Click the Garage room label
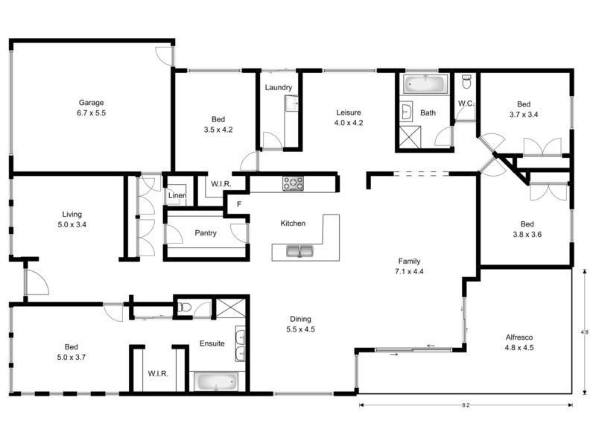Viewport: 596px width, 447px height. (x=92, y=103)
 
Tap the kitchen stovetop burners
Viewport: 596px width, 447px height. (x=293, y=183)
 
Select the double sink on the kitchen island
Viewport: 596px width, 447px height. (x=299, y=252)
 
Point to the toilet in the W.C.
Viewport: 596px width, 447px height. (x=466, y=80)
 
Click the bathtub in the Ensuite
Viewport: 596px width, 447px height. (x=215, y=383)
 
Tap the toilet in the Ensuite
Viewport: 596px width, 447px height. (x=184, y=306)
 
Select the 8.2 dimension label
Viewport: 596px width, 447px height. (x=466, y=405)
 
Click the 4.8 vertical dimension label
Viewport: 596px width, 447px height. (x=585, y=332)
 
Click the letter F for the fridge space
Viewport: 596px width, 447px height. (x=238, y=203)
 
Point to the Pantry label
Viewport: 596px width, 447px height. (x=205, y=233)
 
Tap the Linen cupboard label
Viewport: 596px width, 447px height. (x=177, y=196)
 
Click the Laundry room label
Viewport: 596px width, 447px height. (x=278, y=87)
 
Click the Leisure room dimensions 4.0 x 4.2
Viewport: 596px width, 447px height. (x=348, y=123)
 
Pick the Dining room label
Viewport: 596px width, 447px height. (x=300, y=319)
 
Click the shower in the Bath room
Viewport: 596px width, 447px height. (x=410, y=136)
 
